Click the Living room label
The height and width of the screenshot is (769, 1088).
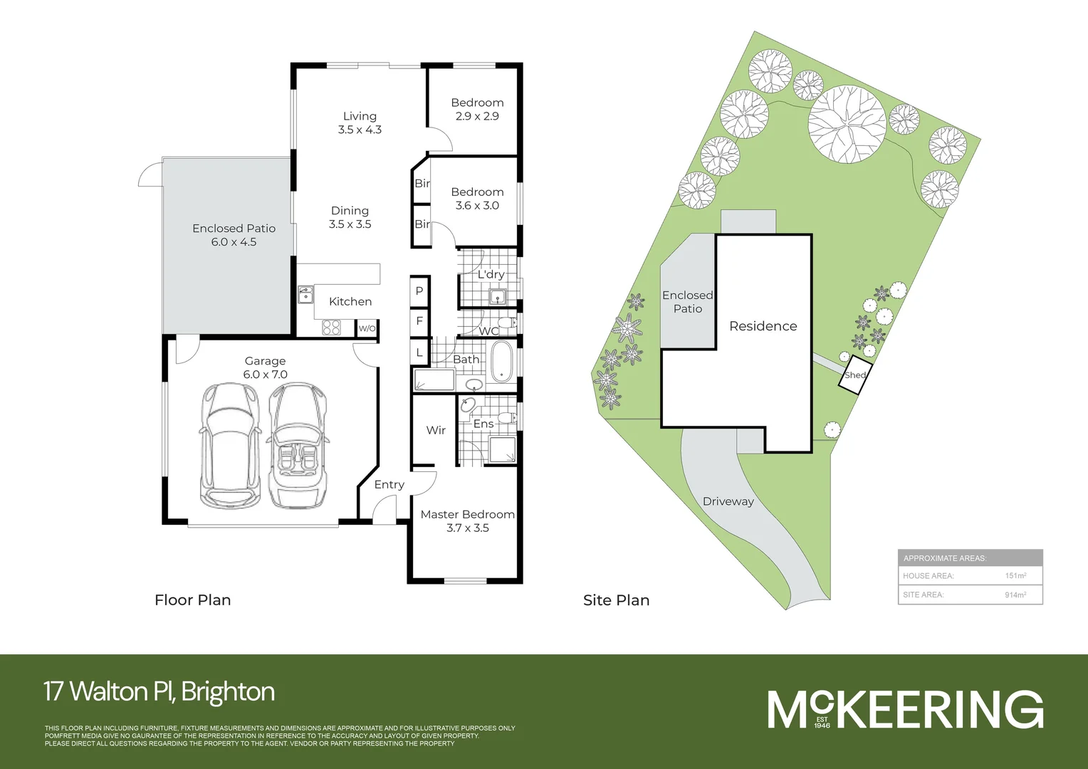360,116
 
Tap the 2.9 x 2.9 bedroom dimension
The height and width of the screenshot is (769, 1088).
477,116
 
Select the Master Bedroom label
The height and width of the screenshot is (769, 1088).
467,514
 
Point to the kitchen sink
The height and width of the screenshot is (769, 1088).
305,294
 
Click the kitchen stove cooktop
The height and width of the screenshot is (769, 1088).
331,328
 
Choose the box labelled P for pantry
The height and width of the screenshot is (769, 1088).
419,291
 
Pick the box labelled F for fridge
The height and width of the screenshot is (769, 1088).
419,321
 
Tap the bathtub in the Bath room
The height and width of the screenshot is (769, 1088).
502,361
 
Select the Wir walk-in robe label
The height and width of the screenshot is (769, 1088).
436,430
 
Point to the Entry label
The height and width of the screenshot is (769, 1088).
389,484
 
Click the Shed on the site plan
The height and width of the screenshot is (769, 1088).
854,376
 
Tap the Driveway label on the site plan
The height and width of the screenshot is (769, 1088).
728,501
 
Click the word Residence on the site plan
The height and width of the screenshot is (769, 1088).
763,326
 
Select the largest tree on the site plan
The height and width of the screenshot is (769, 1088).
847,125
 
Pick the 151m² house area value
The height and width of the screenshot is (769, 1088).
1015,575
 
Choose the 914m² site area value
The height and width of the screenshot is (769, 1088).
1015,595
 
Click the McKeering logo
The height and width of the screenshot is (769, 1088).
905,709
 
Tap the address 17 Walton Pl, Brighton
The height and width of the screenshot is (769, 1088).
159,691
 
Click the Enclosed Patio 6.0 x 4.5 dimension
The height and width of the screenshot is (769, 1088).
234,242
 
